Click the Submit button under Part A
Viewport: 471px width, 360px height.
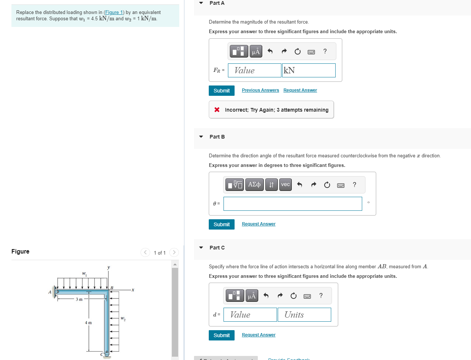[221, 91]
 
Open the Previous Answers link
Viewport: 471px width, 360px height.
[260, 90]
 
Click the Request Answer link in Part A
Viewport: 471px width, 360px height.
[300, 90]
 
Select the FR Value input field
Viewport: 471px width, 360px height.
[254, 70]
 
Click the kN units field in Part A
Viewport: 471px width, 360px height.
[309, 70]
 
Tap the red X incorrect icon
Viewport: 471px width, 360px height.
[217, 110]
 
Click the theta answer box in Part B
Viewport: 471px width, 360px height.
[292, 204]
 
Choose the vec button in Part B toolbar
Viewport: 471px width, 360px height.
[285, 185]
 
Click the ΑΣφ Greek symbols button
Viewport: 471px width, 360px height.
[254, 185]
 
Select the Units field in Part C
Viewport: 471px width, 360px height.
[304, 315]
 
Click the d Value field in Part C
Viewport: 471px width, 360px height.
[250, 315]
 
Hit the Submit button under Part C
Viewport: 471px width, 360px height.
[221, 335]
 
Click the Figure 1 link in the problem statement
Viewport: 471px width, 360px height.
[114, 13]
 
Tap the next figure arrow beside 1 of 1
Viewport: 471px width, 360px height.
[174, 252]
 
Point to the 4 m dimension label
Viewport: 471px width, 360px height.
[88, 323]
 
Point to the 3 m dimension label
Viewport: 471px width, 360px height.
[79, 299]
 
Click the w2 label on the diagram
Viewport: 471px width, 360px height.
[123, 318]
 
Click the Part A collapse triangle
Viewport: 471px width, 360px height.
[201, 3]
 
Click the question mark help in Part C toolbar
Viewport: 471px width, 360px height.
[321, 296]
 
